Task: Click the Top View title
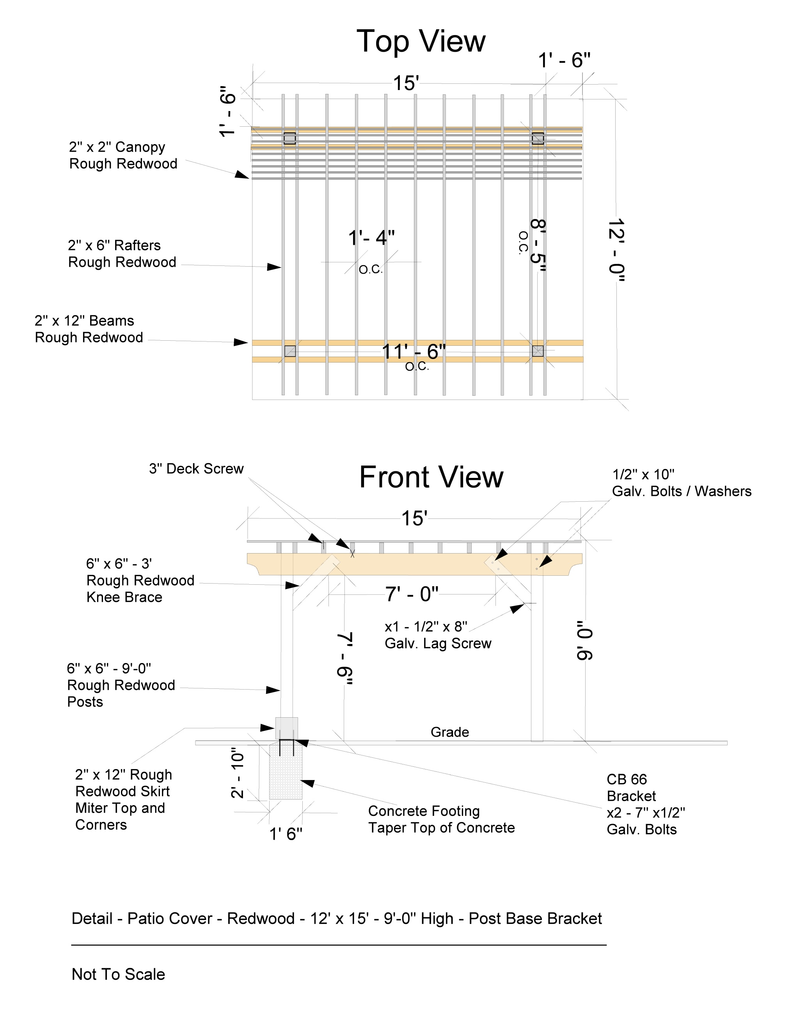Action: (421, 42)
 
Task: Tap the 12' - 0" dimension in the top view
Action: (616, 250)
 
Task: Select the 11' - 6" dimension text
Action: (414, 352)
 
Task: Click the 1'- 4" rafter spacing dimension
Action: (371, 237)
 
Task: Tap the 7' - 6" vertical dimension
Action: (344, 658)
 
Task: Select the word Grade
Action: (450, 732)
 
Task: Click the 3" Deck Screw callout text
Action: (196, 469)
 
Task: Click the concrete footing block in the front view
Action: (286, 772)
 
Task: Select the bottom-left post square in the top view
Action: (290, 351)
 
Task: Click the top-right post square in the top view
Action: (538, 139)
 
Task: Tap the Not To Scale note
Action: (118, 975)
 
